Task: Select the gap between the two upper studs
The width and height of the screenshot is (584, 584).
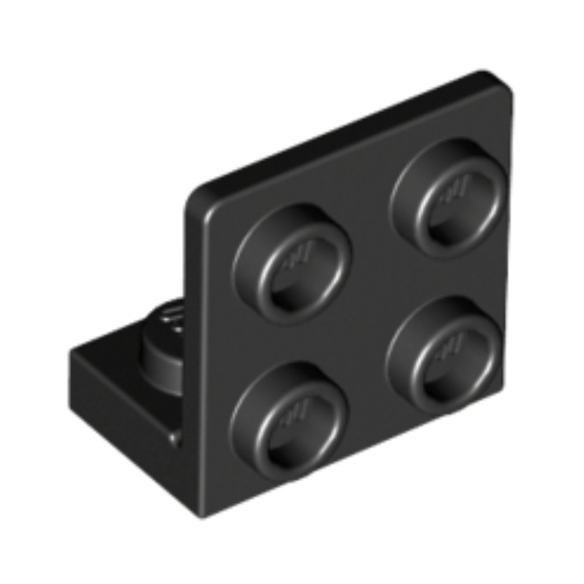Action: tap(370, 228)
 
